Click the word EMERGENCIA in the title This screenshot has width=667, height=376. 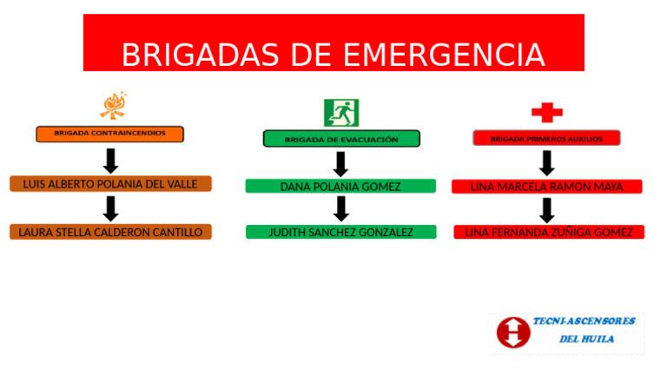444,55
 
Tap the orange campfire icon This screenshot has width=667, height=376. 113,106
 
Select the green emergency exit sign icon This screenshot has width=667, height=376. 341,112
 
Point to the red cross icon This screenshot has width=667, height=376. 546,112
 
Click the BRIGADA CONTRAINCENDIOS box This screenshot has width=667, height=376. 110,134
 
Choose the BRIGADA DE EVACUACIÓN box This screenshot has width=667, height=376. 341,139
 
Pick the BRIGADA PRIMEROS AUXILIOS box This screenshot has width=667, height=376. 546,138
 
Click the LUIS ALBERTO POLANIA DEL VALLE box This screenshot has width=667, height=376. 110,184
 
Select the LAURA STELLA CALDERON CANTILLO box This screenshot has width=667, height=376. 110,232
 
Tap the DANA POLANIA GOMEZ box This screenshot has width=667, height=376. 340,186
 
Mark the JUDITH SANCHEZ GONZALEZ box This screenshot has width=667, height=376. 340,232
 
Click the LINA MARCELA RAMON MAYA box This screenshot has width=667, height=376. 546,187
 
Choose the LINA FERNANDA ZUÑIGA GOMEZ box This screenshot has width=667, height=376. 548,232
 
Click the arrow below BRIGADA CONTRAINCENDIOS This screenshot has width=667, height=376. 110,161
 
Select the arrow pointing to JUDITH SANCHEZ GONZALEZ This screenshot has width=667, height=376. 341,208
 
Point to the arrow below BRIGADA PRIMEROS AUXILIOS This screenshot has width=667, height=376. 546,162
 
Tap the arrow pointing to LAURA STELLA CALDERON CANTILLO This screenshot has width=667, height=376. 110,208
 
